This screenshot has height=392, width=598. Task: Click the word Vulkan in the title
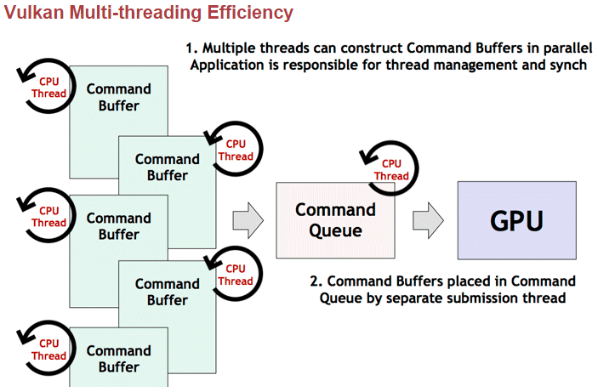pos(32,12)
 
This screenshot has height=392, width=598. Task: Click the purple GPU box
pos(515,221)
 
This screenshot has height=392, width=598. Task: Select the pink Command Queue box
pos(335,220)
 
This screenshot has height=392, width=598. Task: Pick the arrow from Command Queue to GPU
pos(428,220)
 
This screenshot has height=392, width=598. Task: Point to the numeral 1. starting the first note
pos(191,48)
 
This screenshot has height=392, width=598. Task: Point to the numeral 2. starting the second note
pos(316,281)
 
